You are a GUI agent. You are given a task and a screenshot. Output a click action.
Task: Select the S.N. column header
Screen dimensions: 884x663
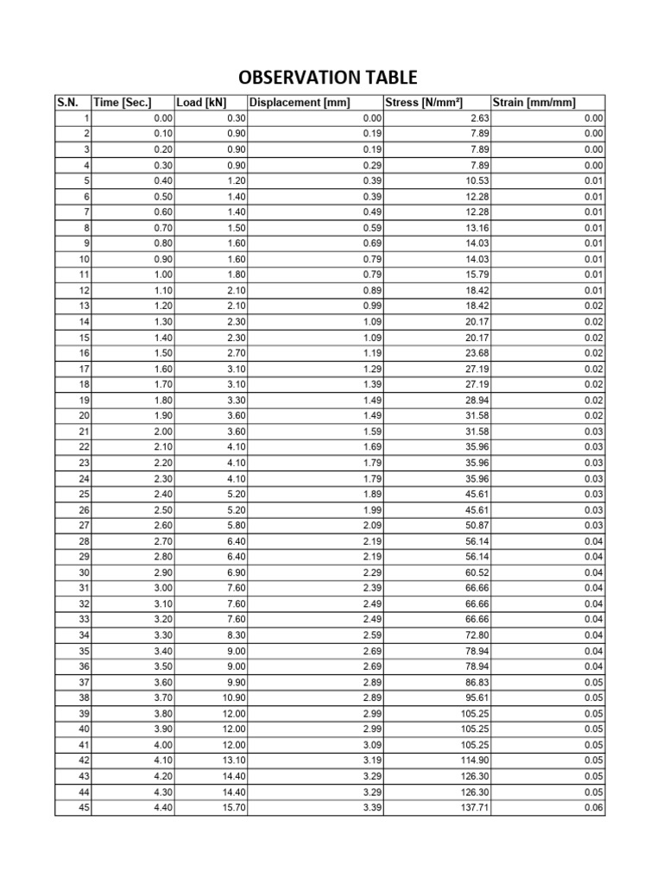point(67,103)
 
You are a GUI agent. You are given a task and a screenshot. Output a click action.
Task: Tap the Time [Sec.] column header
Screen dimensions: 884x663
point(123,103)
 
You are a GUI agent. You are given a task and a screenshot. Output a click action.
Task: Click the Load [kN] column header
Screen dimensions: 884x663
point(201,103)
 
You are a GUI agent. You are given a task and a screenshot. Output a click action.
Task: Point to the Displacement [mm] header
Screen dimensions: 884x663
point(300,103)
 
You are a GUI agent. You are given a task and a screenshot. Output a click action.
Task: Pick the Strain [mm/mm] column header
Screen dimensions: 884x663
point(534,103)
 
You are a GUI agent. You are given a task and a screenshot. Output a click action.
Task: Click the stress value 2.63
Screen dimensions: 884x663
point(477,118)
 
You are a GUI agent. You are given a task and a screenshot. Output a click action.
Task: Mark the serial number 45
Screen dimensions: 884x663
point(84,808)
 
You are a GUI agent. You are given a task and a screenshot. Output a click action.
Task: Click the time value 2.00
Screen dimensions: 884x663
point(162,432)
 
